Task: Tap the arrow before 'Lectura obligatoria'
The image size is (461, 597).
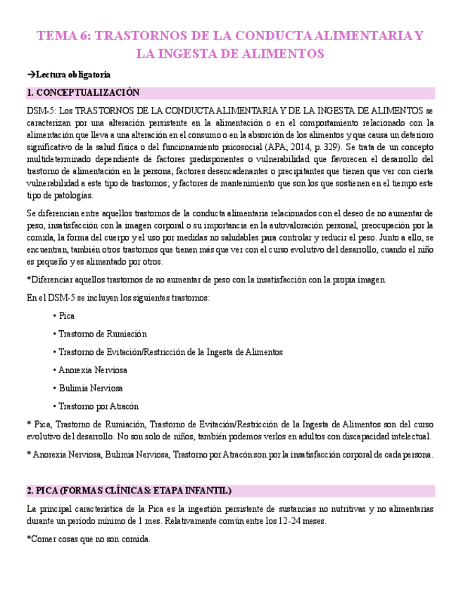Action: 30,75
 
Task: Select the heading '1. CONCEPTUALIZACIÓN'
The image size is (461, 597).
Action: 83,92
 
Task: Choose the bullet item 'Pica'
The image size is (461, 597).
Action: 67,316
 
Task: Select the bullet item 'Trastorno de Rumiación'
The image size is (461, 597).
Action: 103,334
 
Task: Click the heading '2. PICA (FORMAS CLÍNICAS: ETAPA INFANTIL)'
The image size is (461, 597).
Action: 130,490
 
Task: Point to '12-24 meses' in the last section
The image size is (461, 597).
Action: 301,521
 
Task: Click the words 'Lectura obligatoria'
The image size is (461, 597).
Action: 74,75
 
